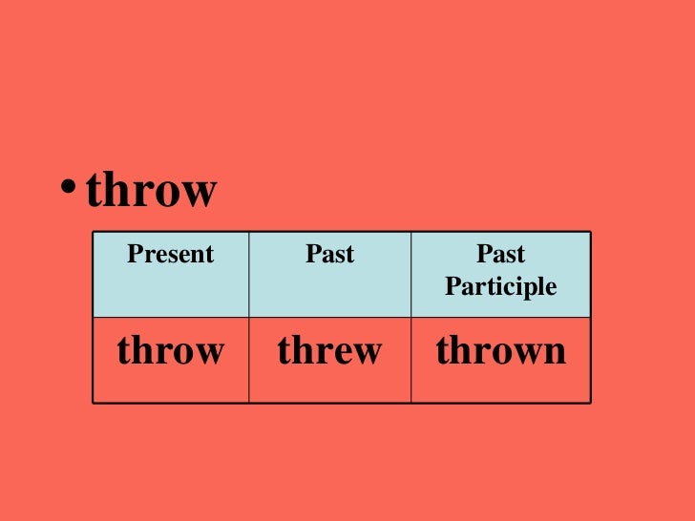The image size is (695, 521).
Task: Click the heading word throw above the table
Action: pos(152,191)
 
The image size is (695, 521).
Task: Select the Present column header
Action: pos(171,255)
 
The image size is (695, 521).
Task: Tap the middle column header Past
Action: pos(329,255)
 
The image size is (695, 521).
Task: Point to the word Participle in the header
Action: pos(500,286)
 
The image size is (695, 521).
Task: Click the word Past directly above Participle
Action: pos(501,255)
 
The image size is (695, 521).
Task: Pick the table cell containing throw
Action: pos(171,351)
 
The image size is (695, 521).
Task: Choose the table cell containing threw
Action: pos(329,351)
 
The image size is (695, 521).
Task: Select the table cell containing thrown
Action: pos(500,351)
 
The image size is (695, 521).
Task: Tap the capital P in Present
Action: pos(134,255)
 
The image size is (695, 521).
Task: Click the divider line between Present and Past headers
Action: pos(249,275)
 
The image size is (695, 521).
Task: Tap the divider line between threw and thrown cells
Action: pos(411,360)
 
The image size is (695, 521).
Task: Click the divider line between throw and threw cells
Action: pos(249,360)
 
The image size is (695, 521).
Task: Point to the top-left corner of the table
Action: pos(93,232)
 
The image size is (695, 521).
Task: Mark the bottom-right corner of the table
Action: pos(591,403)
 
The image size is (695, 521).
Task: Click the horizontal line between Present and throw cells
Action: pos(171,318)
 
